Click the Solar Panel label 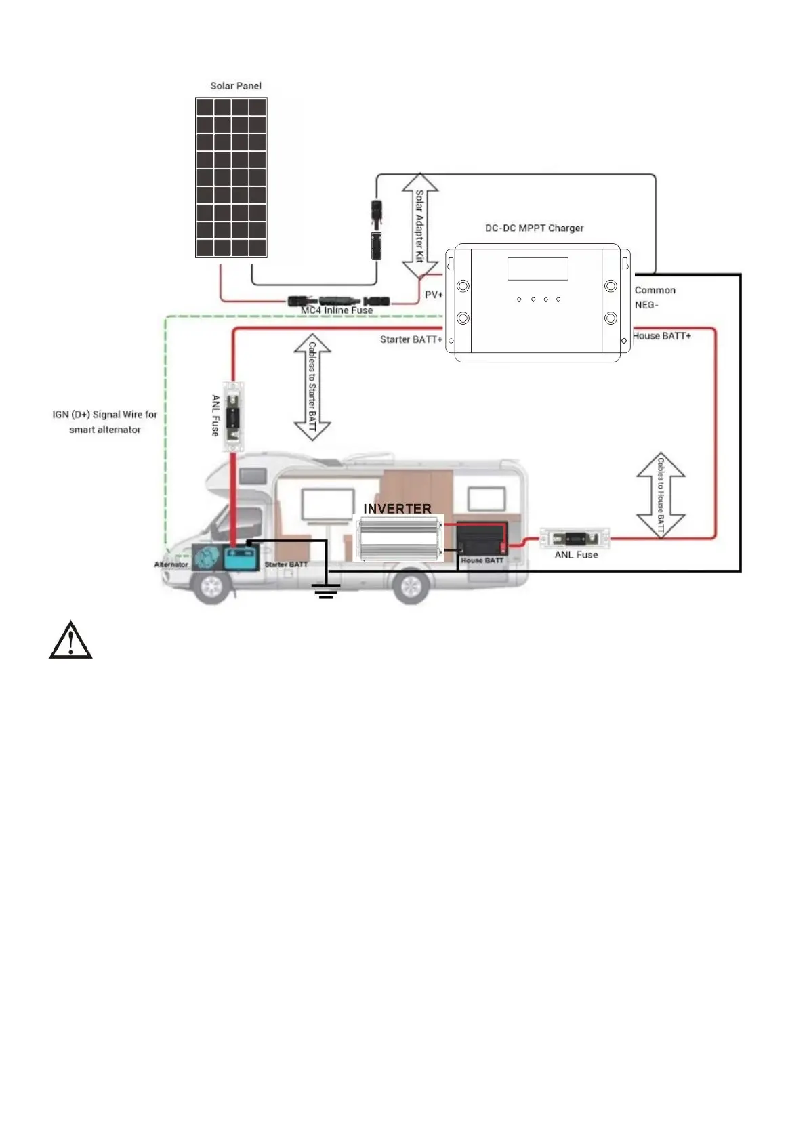point(235,86)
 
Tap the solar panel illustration point(231,178)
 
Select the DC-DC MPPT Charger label point(534,228)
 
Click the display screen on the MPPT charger point(537,269)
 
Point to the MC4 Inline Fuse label point(337,310)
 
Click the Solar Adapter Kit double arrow point(420,226)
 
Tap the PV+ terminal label point(434,295)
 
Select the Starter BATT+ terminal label point(411,339)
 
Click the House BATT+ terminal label point(661,336)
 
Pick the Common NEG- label point(655,297)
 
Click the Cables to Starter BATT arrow point(312,387)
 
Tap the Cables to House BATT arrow point(661,496)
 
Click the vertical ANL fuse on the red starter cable point(233,416)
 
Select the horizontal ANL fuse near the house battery point(575,539)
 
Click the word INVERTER point(397,508)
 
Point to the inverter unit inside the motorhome point(398,538)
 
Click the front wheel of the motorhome point(211,587)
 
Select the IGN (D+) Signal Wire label point(105,421)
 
